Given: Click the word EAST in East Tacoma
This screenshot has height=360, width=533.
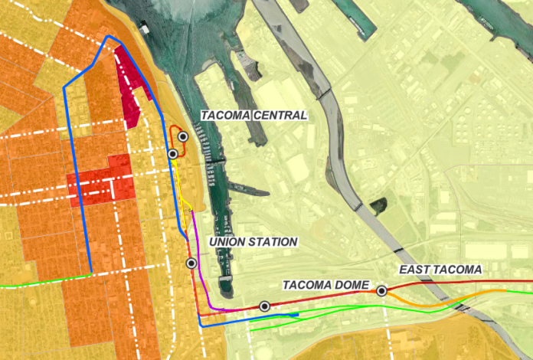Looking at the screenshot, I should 417,270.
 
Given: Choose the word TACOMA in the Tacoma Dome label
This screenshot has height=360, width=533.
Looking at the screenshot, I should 308,285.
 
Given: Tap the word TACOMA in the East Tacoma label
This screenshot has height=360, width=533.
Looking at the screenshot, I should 459,270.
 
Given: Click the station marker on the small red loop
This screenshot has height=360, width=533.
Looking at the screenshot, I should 183,136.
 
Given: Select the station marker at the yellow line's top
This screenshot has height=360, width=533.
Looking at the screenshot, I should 173,154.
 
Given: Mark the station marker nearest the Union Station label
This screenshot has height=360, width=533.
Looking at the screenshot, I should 191,263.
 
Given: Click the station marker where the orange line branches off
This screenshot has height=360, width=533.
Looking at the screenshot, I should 381,290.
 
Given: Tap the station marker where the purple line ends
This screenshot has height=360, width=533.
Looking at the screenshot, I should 264,306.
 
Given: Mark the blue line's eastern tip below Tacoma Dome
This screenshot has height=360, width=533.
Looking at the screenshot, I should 297,315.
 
